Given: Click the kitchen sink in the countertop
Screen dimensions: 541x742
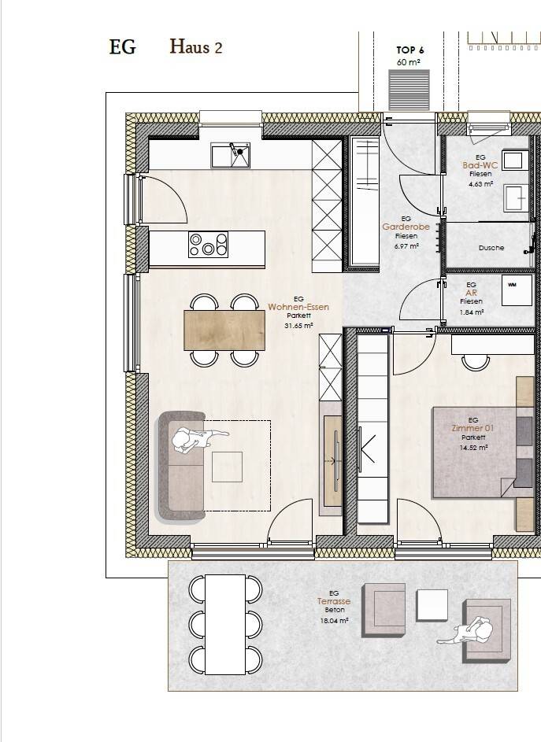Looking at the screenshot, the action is click(x=230, y=156).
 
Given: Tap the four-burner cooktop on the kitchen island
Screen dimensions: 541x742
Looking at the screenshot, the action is click(x=208, y=244).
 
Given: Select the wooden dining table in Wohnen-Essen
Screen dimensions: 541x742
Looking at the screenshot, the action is click(x=224, y=330).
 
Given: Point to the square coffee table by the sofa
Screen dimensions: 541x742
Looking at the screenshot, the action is click(x=227, y=467).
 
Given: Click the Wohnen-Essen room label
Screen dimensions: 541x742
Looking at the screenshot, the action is click(x=298, y=307).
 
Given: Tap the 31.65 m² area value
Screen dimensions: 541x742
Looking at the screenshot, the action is click(x=298, y=326).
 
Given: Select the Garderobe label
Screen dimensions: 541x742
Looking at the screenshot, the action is click(x=406, y=227).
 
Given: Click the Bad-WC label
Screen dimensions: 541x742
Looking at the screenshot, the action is click(x=480, y=165).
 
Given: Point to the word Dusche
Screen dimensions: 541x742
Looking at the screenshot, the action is click(x=491, y=248).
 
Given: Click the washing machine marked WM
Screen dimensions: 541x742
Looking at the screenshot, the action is click(x=517, y=290).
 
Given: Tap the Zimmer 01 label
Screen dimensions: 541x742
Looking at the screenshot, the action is click(x=472, y=428).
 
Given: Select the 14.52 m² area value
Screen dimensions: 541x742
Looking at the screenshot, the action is click(x=473, y=447).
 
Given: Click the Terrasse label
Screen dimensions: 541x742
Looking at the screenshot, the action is click(x=334, y=601).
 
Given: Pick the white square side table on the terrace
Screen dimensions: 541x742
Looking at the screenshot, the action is click(x=432, y=605).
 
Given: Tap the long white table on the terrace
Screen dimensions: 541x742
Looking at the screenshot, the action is click(x=225, y=625).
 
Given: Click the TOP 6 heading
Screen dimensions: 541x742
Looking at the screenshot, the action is click(x=410, y=50).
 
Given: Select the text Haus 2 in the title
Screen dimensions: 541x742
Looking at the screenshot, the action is click(x=195, y=47).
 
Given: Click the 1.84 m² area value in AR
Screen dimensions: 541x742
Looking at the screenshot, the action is click(x=472, y=312).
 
